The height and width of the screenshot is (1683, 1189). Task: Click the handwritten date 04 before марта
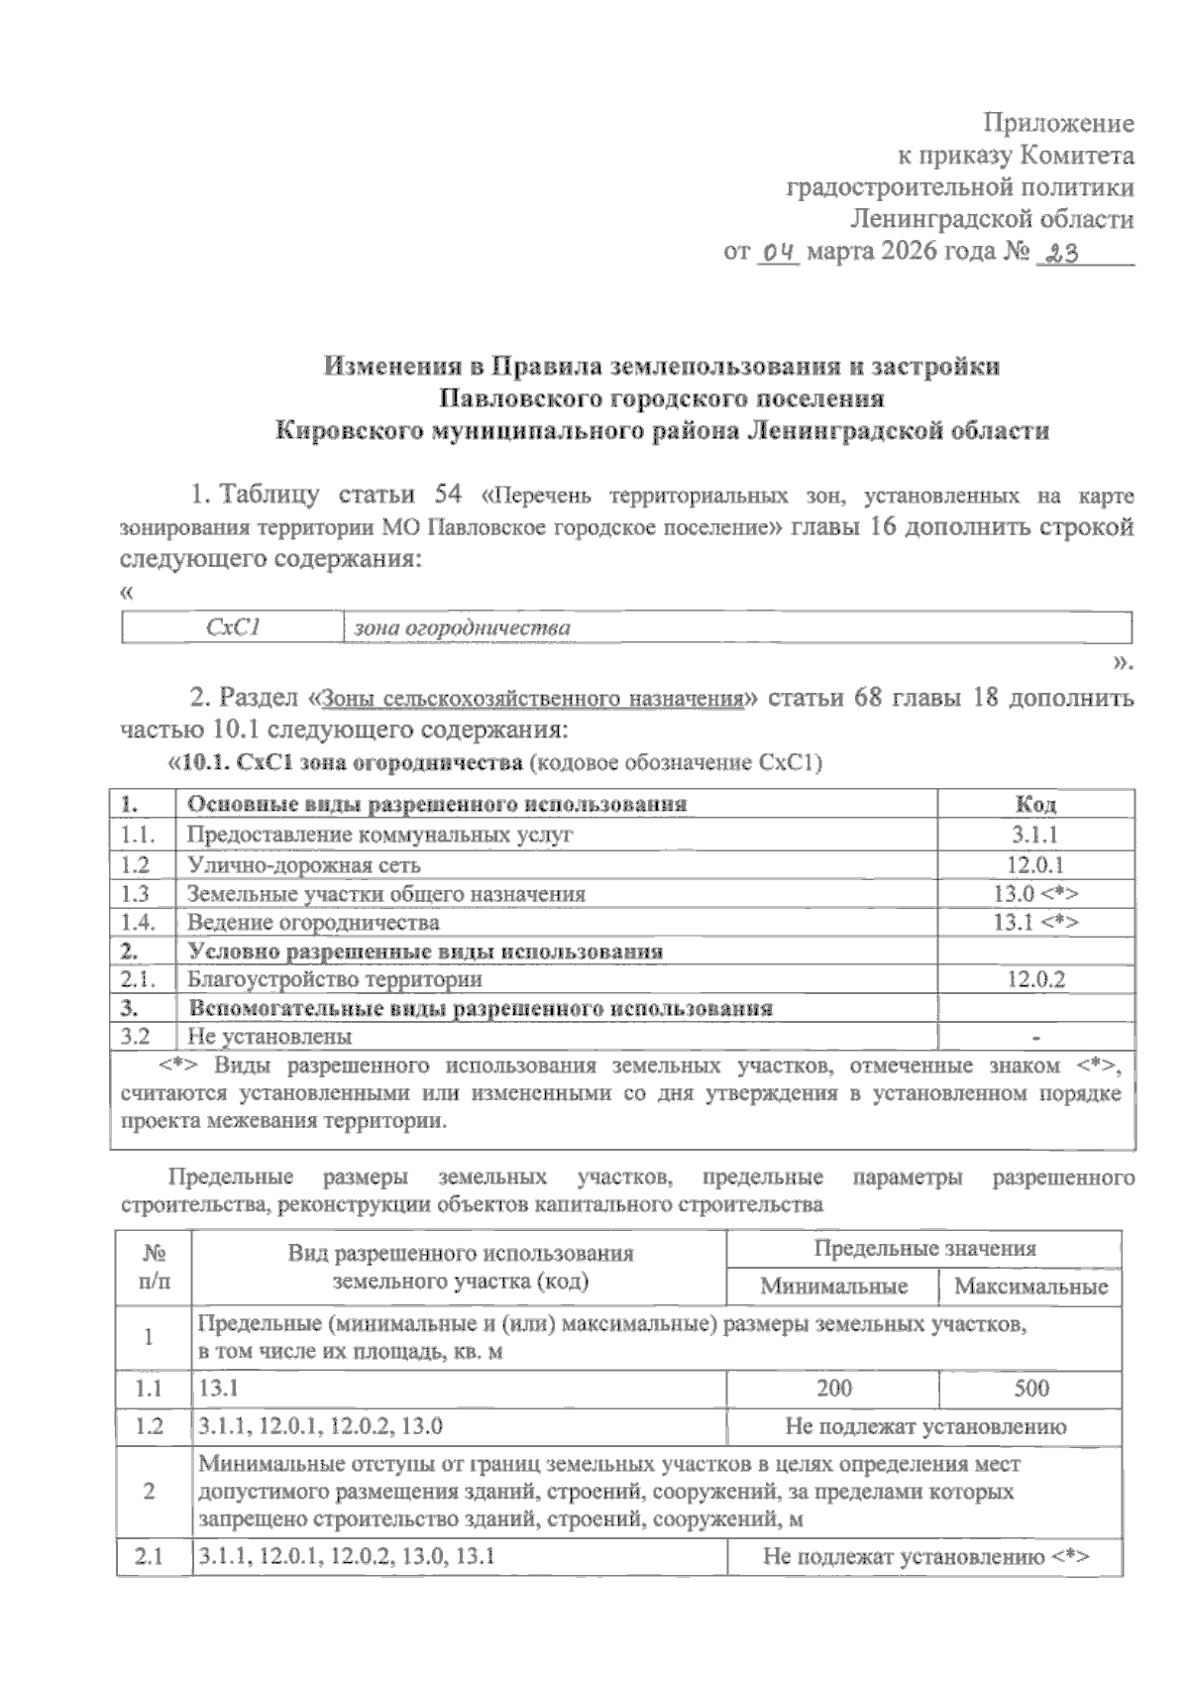(778, 254)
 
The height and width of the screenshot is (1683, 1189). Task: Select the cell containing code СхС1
(232, 627)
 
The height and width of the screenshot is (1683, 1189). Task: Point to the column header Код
(1035, 804)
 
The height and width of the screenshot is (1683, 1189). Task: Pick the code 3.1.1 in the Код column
(1035, 835)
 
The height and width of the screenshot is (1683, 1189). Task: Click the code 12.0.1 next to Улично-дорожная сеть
(1035, 864)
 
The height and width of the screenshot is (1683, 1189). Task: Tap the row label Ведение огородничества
(313, 923)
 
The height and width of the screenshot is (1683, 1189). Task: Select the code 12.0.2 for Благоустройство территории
(1035, 980)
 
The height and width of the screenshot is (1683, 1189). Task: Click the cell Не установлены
(270, 1038)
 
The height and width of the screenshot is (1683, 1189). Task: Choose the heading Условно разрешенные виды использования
(425, 952)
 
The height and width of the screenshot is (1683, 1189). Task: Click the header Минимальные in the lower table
(833, 1287)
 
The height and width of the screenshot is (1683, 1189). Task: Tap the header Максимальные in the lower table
(1030, 1287)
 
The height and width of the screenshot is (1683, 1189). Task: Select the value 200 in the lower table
(833, 1388)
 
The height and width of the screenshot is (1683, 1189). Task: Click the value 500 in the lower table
(1030, 1388)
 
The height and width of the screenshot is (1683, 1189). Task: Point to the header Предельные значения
(924, 1249)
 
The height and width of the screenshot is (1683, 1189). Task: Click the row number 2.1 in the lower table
(149, 1557)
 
